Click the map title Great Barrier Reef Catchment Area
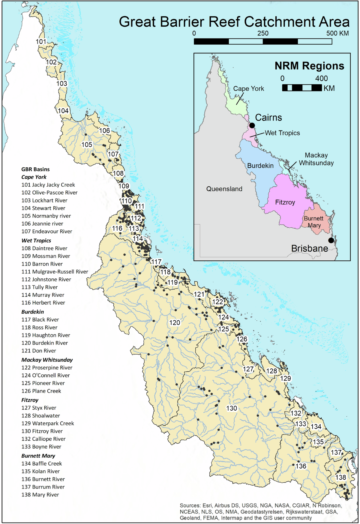point(234,22)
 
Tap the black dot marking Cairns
point(252,125)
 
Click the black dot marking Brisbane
point(331,240)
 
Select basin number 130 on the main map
point(232,408)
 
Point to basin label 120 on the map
point(175,323)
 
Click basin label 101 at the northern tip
point(41,42)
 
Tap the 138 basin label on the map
point(340,477)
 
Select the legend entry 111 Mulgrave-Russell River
point(55,272)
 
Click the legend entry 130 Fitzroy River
point(42,431)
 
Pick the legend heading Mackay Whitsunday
point(47,360)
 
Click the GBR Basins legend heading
point(35,169)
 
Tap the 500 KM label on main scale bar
point(337,33)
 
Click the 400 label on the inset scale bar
point(321,79)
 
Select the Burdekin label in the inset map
point(260,166)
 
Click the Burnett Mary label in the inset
point(313,222)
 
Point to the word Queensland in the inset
point(224,189)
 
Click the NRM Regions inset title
point(309,66)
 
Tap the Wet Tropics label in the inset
point(282,133)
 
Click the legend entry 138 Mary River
point(40,495)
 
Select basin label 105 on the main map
point(87,145)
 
